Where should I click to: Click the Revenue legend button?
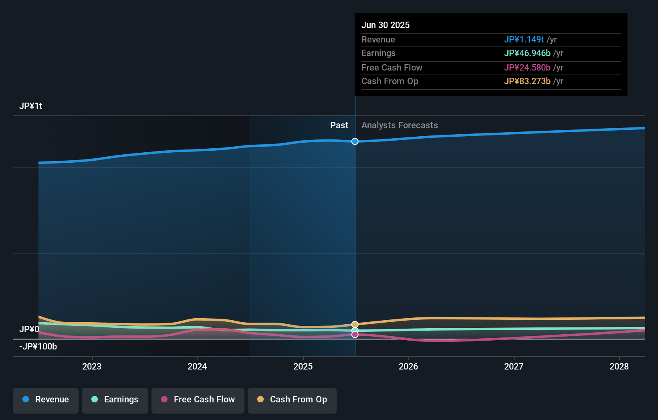click(x=46, y=400)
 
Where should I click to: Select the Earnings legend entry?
click(x=115, y=400)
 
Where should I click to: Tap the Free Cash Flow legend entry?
click(x=198, y=400)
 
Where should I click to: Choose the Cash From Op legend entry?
click(x=292, y=400)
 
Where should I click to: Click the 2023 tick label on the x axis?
click(x=92, y=366)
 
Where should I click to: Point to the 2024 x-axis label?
click(x=197, y=366)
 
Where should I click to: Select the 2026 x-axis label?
click(x=408, y=366)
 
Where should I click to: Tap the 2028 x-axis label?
click(x=619, y=366)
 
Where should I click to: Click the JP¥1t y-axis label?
click(x=31, y=106)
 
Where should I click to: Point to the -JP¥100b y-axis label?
click(x=38, y=347)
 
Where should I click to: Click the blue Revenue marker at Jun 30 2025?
click(x=355, y=141)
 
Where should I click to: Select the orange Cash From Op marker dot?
click(x=355, y=324)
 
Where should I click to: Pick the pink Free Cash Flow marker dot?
click(x=355, y=335)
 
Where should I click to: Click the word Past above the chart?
click(x=339, y=125)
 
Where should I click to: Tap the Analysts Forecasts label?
click(x=400, y=125)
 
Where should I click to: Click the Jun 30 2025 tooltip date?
click(x=386, y=25)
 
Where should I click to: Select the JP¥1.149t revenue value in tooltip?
click(x=524, y=40)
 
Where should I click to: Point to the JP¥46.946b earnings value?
click(x=527, y=53)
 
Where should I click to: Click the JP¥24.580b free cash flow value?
click(x=527, y=68)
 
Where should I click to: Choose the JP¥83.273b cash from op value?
click(x=527, y=81)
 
